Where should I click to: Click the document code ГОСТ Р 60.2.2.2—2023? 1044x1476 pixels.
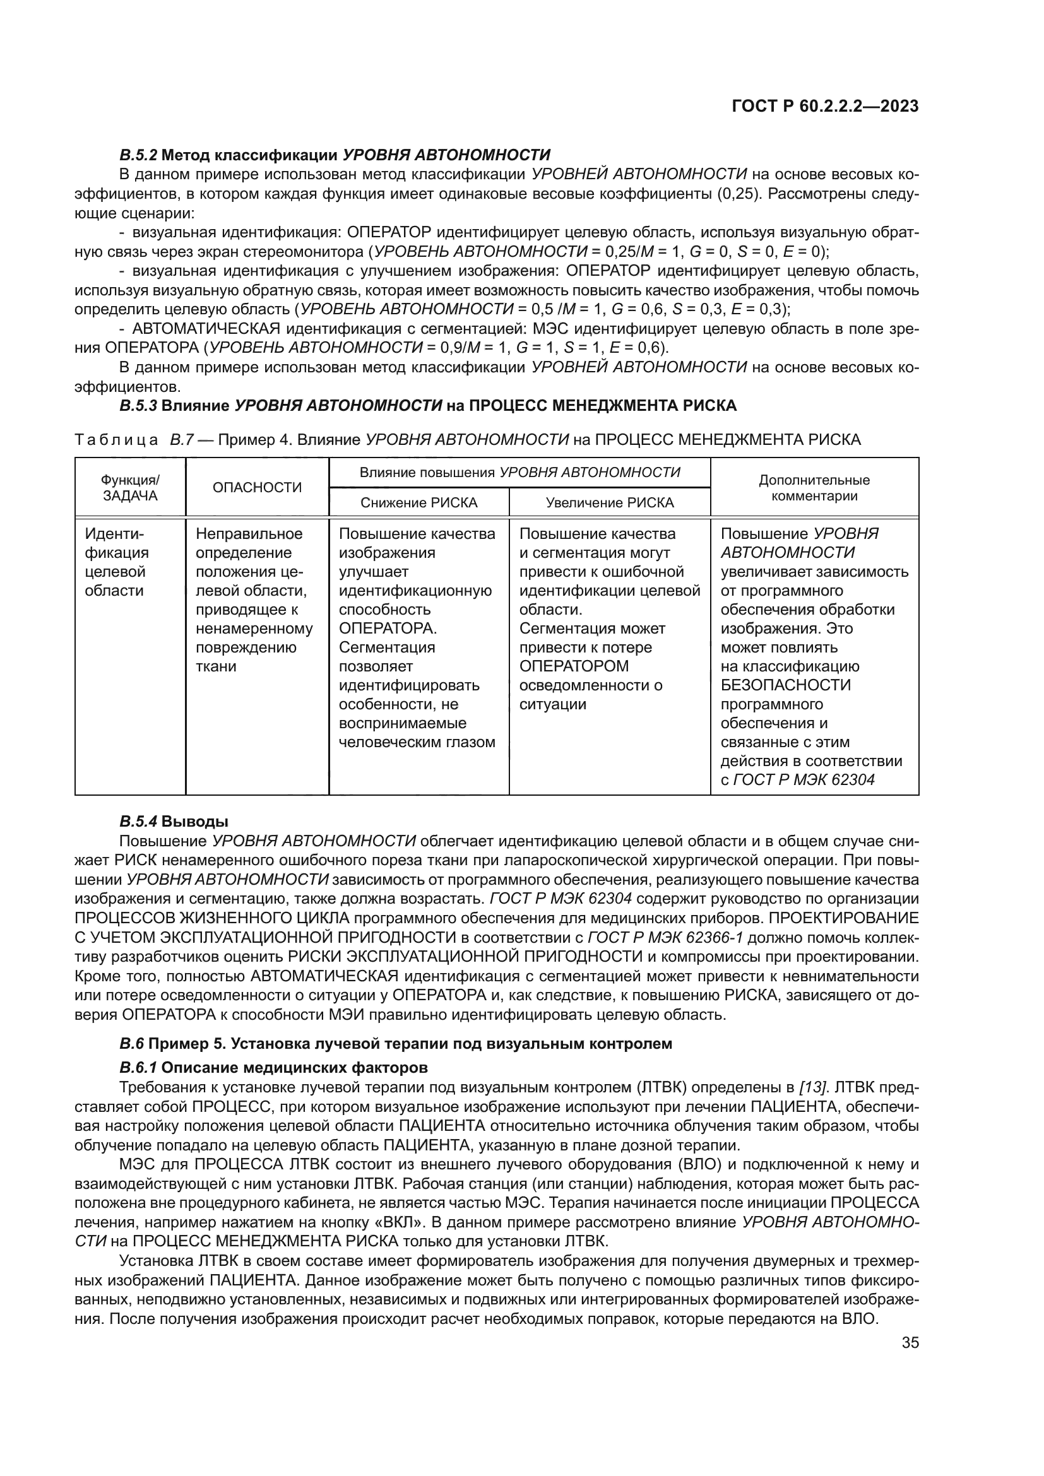(x=825, y=106)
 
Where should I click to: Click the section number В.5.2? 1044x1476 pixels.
(x=138, y=155)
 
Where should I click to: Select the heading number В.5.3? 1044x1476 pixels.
(x=138, y=406)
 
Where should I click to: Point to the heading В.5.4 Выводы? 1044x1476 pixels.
(x=174, y=821)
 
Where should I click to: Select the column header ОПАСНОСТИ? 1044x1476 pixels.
(x=256, y=487)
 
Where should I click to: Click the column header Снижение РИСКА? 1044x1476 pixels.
(x=418, y=503)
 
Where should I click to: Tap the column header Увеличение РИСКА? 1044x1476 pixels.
(x=610, y=503)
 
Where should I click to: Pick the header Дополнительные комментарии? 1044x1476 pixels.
(x=814, y=488)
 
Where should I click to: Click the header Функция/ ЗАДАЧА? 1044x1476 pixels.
(x=130, y=488)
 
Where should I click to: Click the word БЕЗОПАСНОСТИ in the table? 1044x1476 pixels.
(x=786, y=685)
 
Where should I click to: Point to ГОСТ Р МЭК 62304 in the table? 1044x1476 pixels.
(x=804, y=780)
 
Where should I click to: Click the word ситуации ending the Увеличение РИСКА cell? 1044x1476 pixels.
(x=552, y=704)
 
